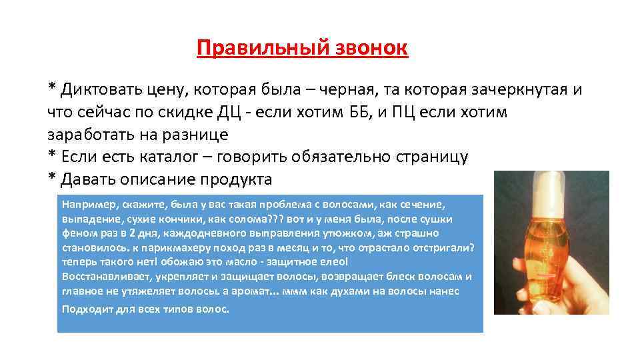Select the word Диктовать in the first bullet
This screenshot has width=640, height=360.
pyautogui.click(x=99, y=89)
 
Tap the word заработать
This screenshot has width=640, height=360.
pyautogui.click(x=91, y=134)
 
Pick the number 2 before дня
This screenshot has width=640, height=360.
pyautogui.click(x=133, y=233)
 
